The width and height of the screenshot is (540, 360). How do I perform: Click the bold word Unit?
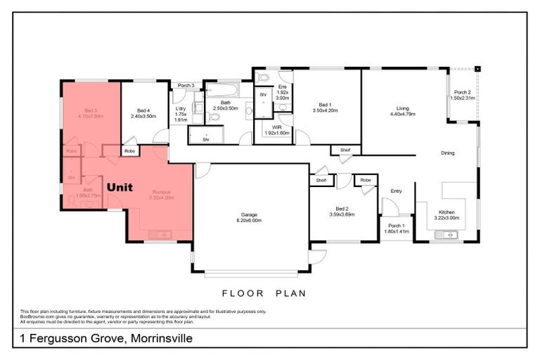point(124,188)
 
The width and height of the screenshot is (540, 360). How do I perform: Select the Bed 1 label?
point(325,108)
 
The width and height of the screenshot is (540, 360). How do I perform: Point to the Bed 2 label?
point(341,211)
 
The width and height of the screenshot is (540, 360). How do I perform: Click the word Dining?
point(447,153)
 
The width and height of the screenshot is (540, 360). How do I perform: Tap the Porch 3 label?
point(186,86)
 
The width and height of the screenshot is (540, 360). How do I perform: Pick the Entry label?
point(396,190)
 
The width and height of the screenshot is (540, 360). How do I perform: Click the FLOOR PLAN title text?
point(264,293)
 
